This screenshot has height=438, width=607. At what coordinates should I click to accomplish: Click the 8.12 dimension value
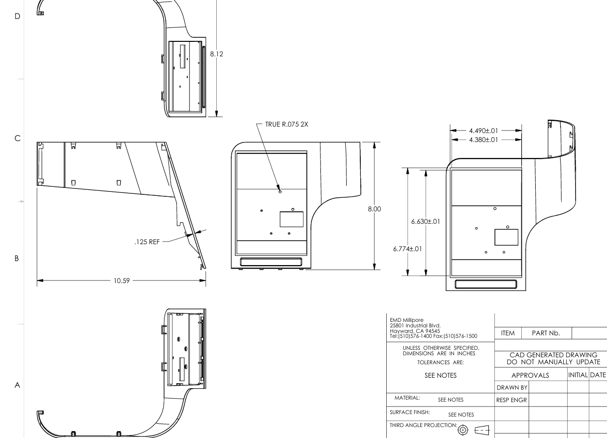(216, 54)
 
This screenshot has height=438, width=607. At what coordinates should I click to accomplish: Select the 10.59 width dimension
(122, 281)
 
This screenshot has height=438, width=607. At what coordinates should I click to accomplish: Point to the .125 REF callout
(147, 242)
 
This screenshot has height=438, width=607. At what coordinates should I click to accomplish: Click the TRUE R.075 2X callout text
(287, 125)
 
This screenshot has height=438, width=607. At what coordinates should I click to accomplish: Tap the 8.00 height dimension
(374, 209)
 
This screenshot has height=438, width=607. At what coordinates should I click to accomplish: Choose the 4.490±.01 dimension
(483, 131)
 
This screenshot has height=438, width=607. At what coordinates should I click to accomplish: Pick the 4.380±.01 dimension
(483, 140)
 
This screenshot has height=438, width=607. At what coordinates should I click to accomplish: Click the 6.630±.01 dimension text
(426, 221)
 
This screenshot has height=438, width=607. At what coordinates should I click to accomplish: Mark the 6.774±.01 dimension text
(407, 249)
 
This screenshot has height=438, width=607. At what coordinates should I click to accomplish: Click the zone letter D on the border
(17, 16)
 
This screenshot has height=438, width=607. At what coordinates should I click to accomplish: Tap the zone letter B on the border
(17, 259)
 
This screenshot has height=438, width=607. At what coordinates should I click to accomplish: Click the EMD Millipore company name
(407, 320)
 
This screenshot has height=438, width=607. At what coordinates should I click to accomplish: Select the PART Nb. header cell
(546, 333)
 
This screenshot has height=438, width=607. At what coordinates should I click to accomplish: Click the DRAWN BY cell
(512, 388)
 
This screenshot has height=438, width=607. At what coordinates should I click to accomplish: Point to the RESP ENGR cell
(512, 400)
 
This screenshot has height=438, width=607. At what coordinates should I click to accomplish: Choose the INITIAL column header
(578, 375)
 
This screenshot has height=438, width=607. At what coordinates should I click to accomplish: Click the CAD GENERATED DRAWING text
(553, 355)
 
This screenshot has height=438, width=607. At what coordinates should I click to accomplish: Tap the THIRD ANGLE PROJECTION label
(423, 425)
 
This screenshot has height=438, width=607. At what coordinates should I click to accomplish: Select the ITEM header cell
(508, 333)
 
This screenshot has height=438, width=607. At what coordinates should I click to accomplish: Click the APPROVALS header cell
(530, 375)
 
